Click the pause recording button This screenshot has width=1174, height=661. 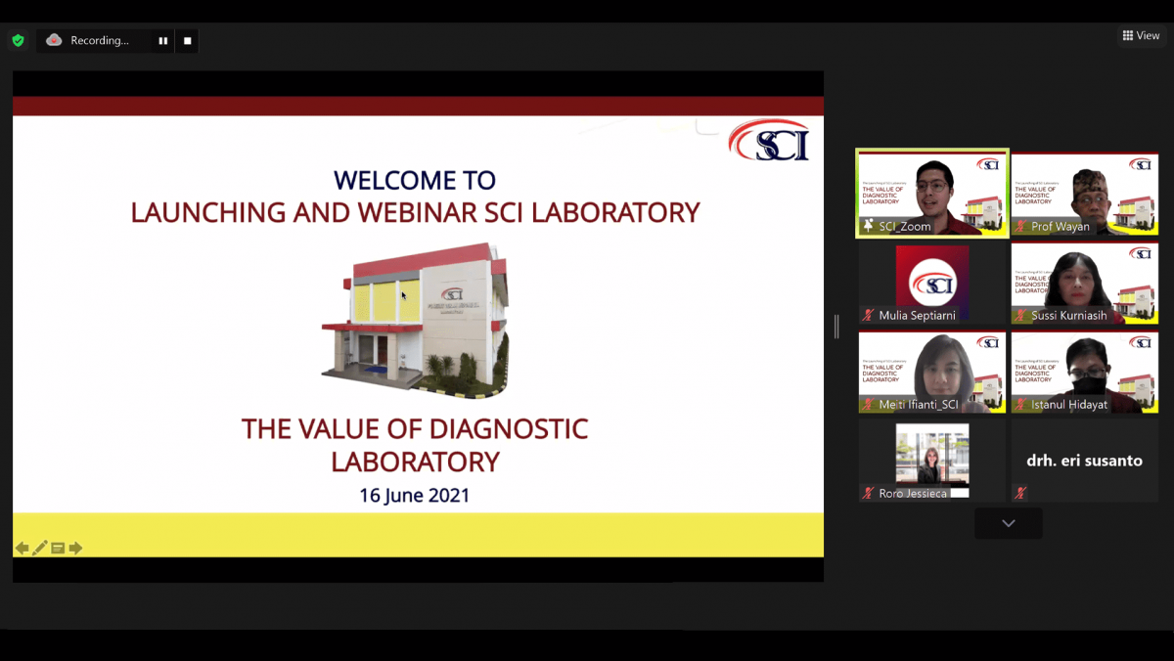tap(162, 41)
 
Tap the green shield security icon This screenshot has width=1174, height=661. tap(18, 41)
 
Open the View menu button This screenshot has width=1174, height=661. tap(1141, 36)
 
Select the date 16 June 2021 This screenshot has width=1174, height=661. tap(414, 495)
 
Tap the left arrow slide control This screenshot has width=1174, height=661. tap(22, 548)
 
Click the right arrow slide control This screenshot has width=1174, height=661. tap(75, 548)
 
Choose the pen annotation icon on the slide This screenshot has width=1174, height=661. tap(40, 548)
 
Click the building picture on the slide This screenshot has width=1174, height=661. tap(415, 318)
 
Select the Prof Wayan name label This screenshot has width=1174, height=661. tap(1060, 227)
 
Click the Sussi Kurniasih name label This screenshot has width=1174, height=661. tap(1068, 316)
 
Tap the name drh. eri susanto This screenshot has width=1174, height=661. tap(1084, 461)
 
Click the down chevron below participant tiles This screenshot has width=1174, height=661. tap(1008, 523)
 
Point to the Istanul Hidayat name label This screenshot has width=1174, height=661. tap(1068, 405)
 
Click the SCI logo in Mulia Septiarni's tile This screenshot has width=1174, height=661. tap(932, 284)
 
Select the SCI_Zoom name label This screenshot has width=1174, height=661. tap(905, 227)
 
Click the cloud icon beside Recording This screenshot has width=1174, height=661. tap(54, 40)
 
